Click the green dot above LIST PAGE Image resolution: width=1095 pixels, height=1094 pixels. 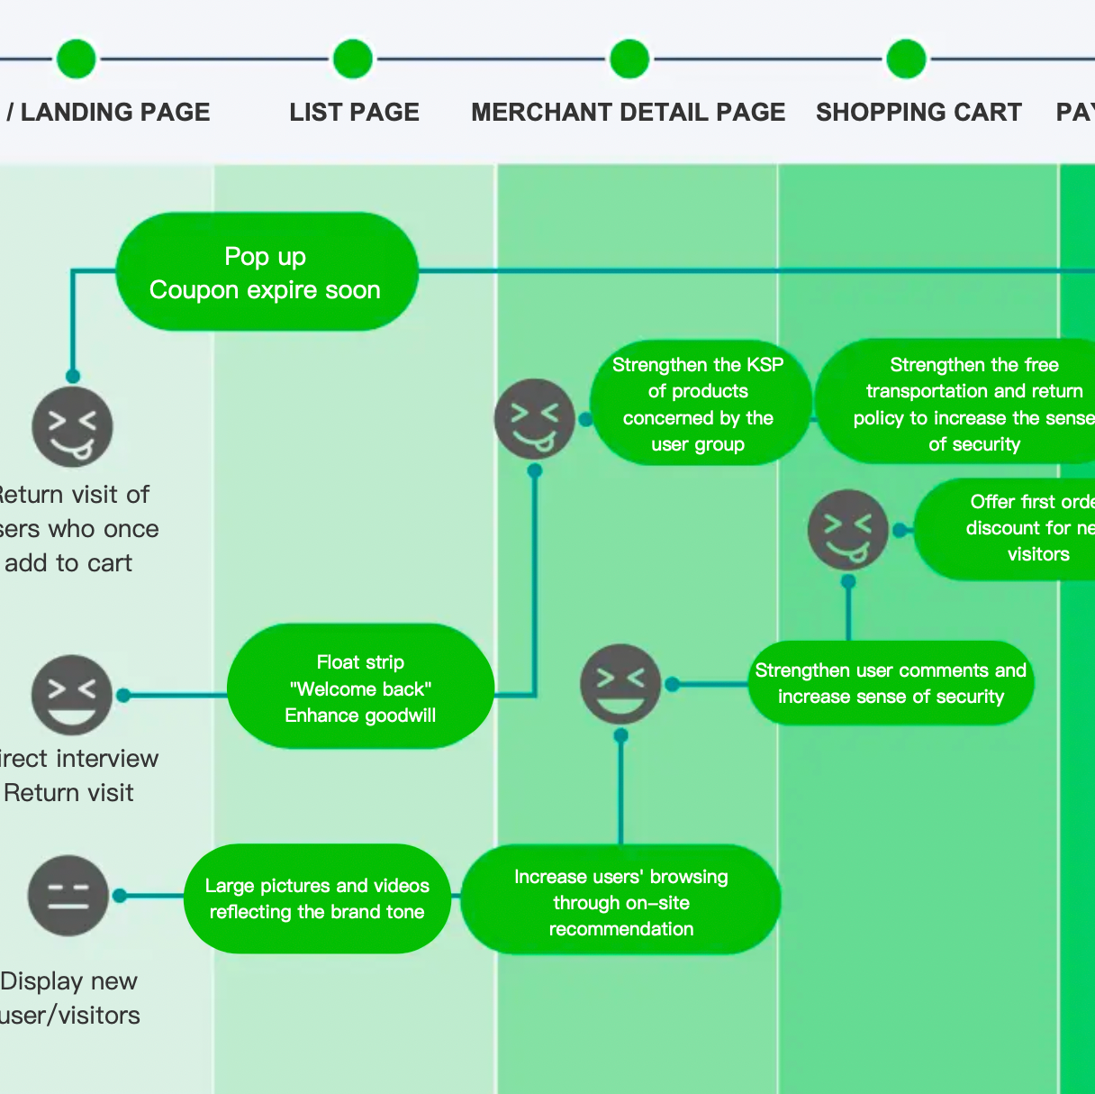(353, 59)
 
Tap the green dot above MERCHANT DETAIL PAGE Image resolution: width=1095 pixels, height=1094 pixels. (629, 59)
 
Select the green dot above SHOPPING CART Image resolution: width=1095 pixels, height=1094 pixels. (906, 59)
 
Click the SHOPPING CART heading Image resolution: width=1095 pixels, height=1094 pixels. (919, 112)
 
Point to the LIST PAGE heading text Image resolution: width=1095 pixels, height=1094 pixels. (354, 112)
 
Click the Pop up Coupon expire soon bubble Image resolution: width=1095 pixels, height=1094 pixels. (267, 272)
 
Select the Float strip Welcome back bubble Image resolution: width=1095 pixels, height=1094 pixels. (360, 688)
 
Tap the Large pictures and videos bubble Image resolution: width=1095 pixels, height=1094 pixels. (317, 898)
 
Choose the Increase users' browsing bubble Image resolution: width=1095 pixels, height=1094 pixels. (620, 901)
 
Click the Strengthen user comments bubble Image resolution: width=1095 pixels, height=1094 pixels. (891, 683)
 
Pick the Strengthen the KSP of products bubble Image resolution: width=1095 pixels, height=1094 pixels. (699, 404)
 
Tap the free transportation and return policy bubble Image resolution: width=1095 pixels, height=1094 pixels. (964, 404)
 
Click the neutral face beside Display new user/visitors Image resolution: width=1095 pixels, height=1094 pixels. (68, 895)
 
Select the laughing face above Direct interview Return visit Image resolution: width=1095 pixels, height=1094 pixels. (72, 694)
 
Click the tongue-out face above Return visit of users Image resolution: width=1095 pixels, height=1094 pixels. (72, 427)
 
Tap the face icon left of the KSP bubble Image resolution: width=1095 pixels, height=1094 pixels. (535, 419)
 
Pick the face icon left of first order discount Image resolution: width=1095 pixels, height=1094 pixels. (848, 530)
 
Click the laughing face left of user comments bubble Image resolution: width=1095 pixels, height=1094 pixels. (620, 684)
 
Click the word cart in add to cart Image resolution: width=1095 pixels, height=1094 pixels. (110, 563)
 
